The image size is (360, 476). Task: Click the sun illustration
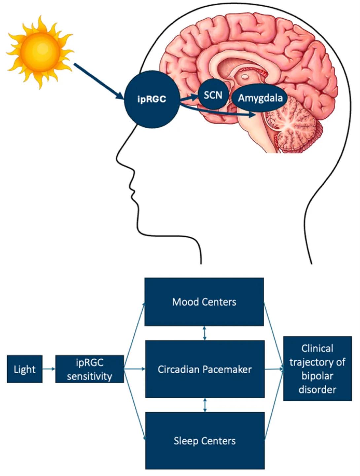coord(40,52)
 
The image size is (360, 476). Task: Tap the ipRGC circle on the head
coord(152,99)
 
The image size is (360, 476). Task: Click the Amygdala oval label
coord(260,98)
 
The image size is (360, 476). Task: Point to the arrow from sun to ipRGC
coord(99,81)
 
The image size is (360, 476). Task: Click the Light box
coord(24,369)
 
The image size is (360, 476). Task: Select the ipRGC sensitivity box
coord(90,369)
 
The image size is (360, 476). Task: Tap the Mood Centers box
coord(204,302)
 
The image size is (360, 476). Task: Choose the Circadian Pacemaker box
coord(205,369)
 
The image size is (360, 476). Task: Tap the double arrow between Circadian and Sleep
coord(205,405)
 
